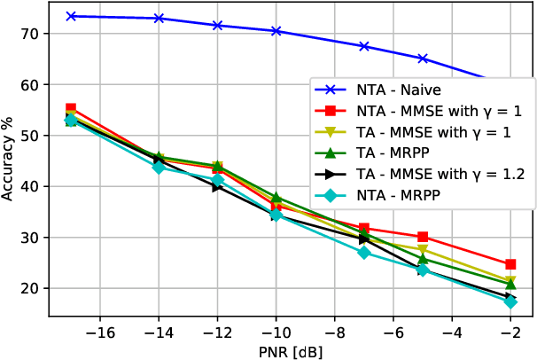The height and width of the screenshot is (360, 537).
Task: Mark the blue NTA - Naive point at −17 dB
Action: (71, 16)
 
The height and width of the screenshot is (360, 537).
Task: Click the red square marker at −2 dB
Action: (510, 264)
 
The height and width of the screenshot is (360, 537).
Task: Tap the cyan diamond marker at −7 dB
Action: (363, 253)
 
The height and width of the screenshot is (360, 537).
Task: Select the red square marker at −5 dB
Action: (423, 237)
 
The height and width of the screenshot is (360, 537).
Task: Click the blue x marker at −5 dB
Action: (423, 59)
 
